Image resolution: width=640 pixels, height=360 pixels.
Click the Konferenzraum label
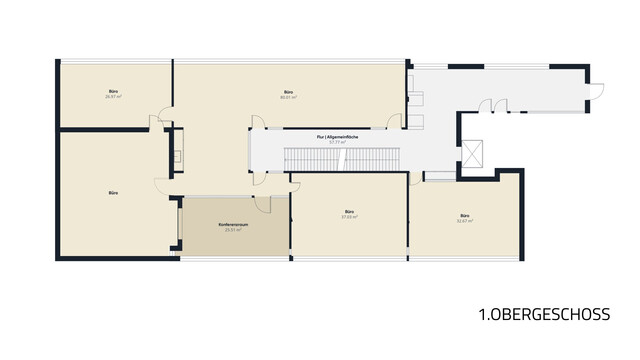tap(233, 225)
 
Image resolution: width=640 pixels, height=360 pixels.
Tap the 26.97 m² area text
tap(113, 98)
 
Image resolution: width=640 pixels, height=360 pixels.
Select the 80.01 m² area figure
tap(288, 98)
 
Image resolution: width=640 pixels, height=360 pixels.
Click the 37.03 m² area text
tap(349, 217)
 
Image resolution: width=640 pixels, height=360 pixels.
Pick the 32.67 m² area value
tap(464, 221)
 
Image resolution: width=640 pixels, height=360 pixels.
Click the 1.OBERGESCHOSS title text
tap(544, 314)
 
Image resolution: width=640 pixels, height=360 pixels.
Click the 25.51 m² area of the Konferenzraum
tap(233, 230)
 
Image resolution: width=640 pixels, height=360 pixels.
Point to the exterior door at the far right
tap(594, 91)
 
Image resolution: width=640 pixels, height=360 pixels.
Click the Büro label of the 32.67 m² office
tap(464, 216)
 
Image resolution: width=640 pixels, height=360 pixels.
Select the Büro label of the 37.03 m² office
tap(349, 212)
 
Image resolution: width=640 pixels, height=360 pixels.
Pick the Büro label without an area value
tap(113, 191)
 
